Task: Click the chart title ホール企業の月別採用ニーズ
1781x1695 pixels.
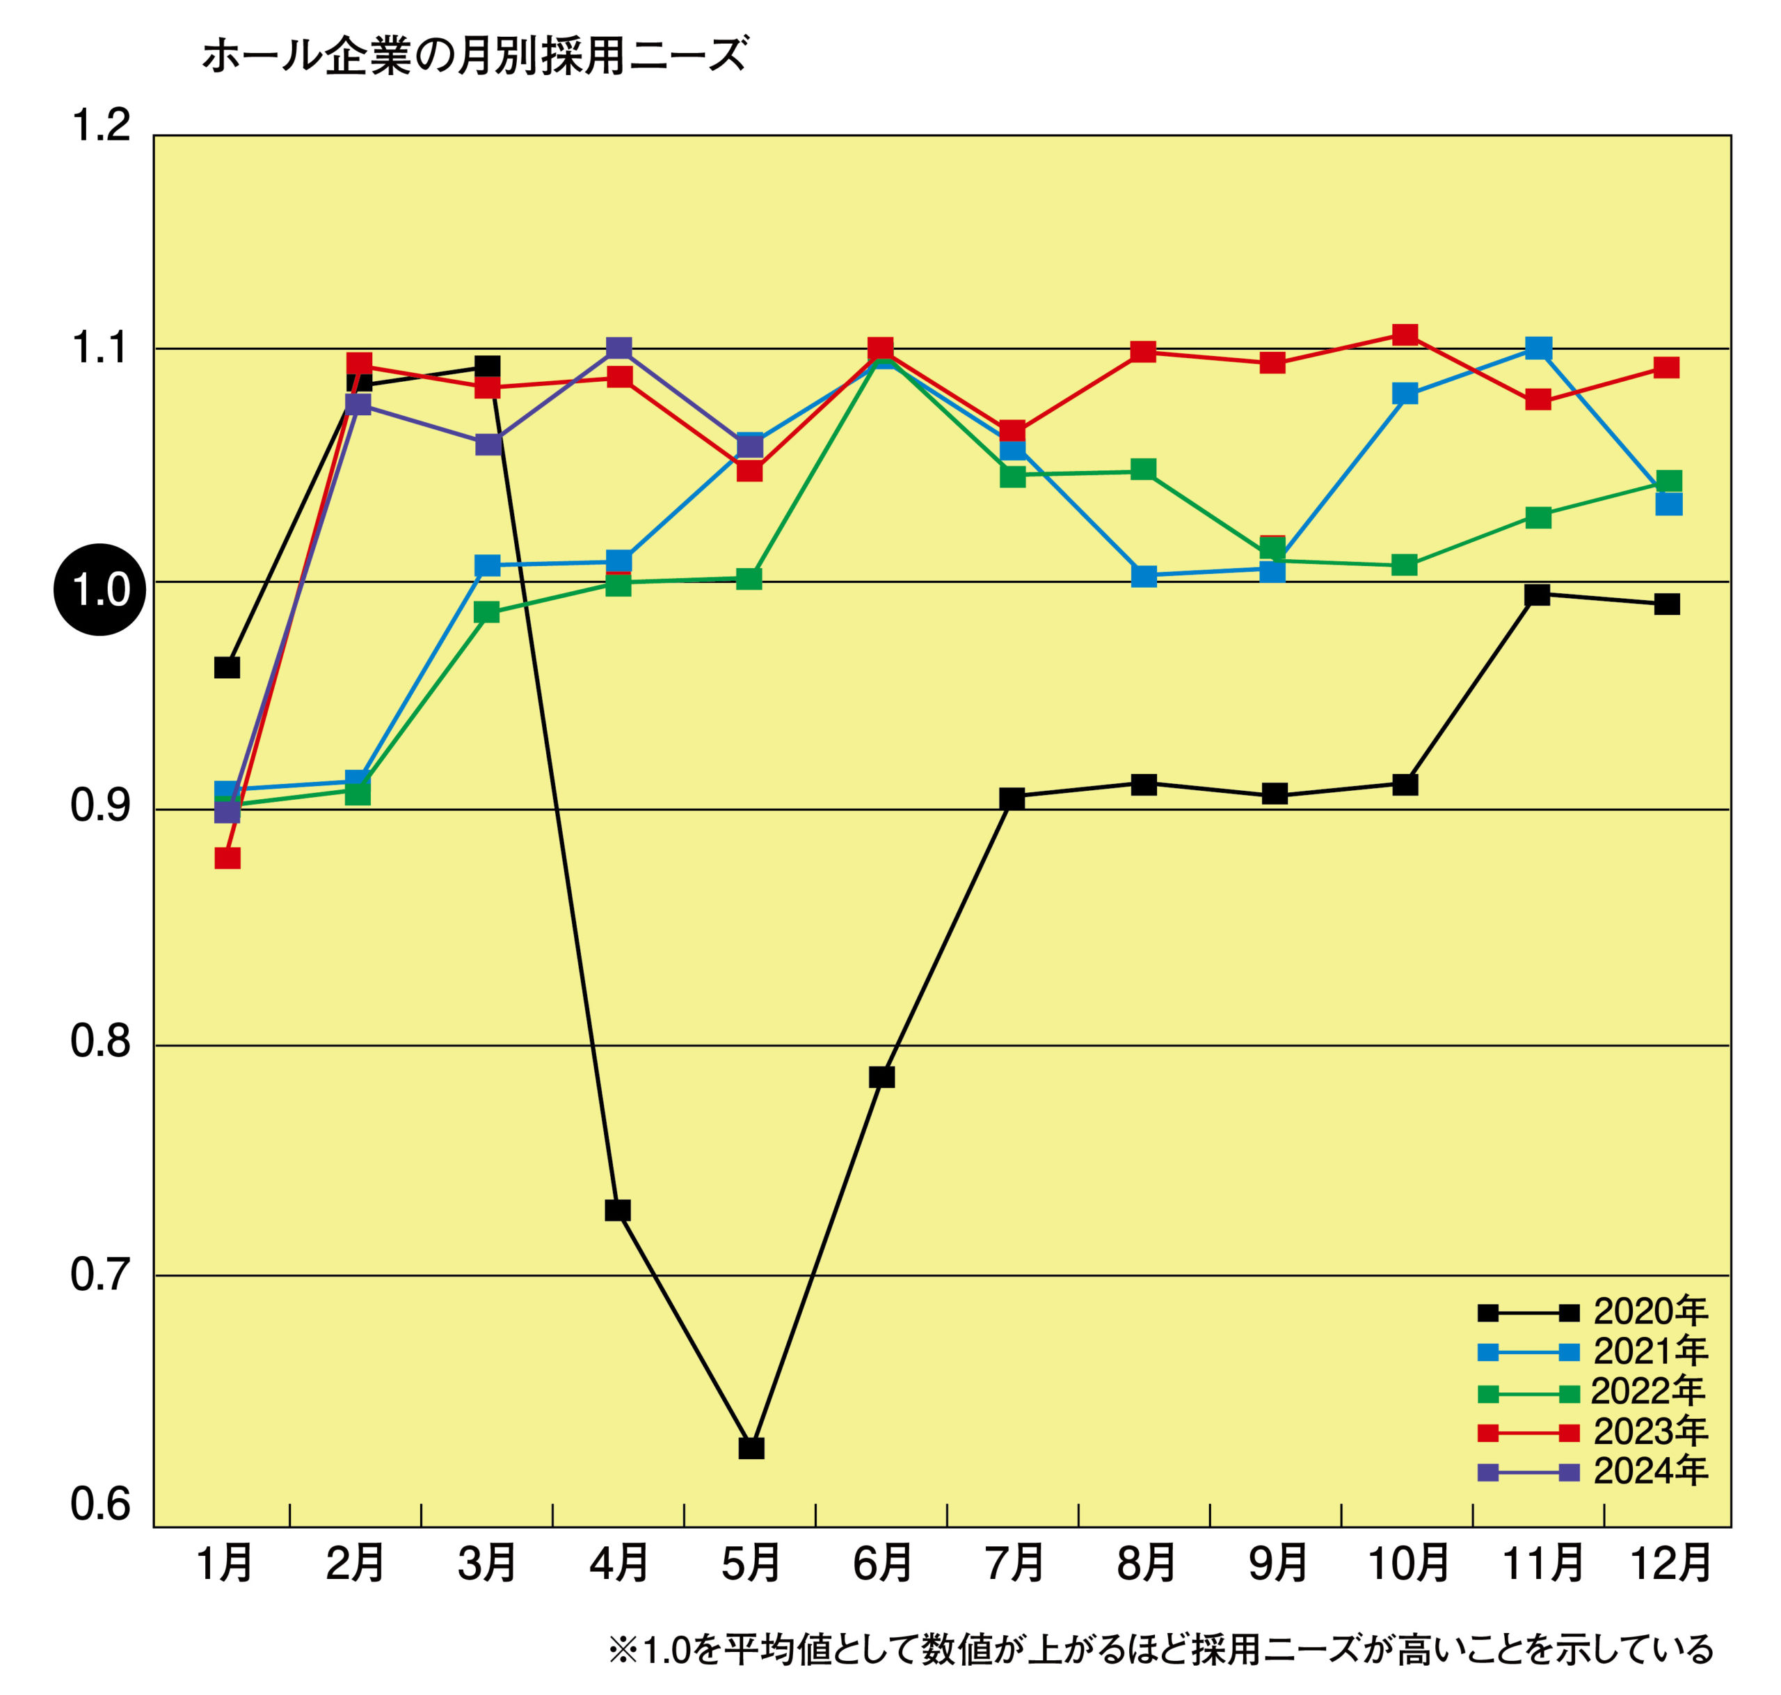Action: click(474, 56)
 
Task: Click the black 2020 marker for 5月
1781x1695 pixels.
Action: click(751, 1448)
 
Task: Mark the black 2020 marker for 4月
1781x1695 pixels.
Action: click(617, 1211)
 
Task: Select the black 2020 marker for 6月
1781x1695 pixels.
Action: click(882, 1077)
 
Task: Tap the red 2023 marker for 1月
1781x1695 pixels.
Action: click(227, 858)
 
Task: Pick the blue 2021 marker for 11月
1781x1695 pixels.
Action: click(1538, 348)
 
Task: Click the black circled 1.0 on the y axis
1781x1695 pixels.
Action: click(99, 590)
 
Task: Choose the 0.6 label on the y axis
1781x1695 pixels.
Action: click(101, 1504)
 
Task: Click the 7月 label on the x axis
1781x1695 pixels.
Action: click(1014, 1563)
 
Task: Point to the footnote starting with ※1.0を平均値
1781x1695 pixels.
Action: click(1160, 1650)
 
